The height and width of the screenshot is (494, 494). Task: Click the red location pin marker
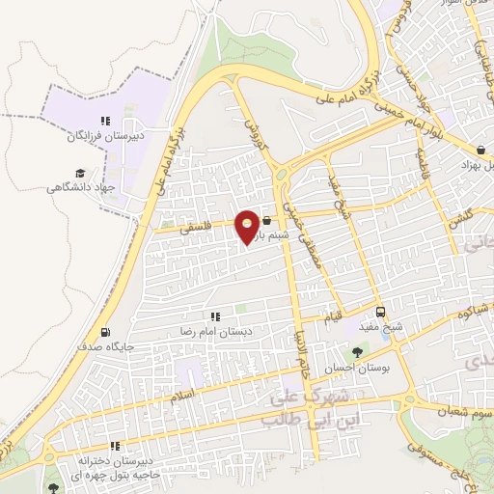point(247,226)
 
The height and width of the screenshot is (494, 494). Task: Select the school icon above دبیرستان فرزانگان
point(105,122)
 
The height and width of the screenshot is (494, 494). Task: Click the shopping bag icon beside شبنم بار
point(266,221)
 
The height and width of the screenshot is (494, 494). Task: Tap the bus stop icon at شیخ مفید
point(382,312)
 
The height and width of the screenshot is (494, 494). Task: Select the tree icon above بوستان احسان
point(358,353)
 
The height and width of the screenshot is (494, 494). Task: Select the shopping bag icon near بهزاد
point(481,149)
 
